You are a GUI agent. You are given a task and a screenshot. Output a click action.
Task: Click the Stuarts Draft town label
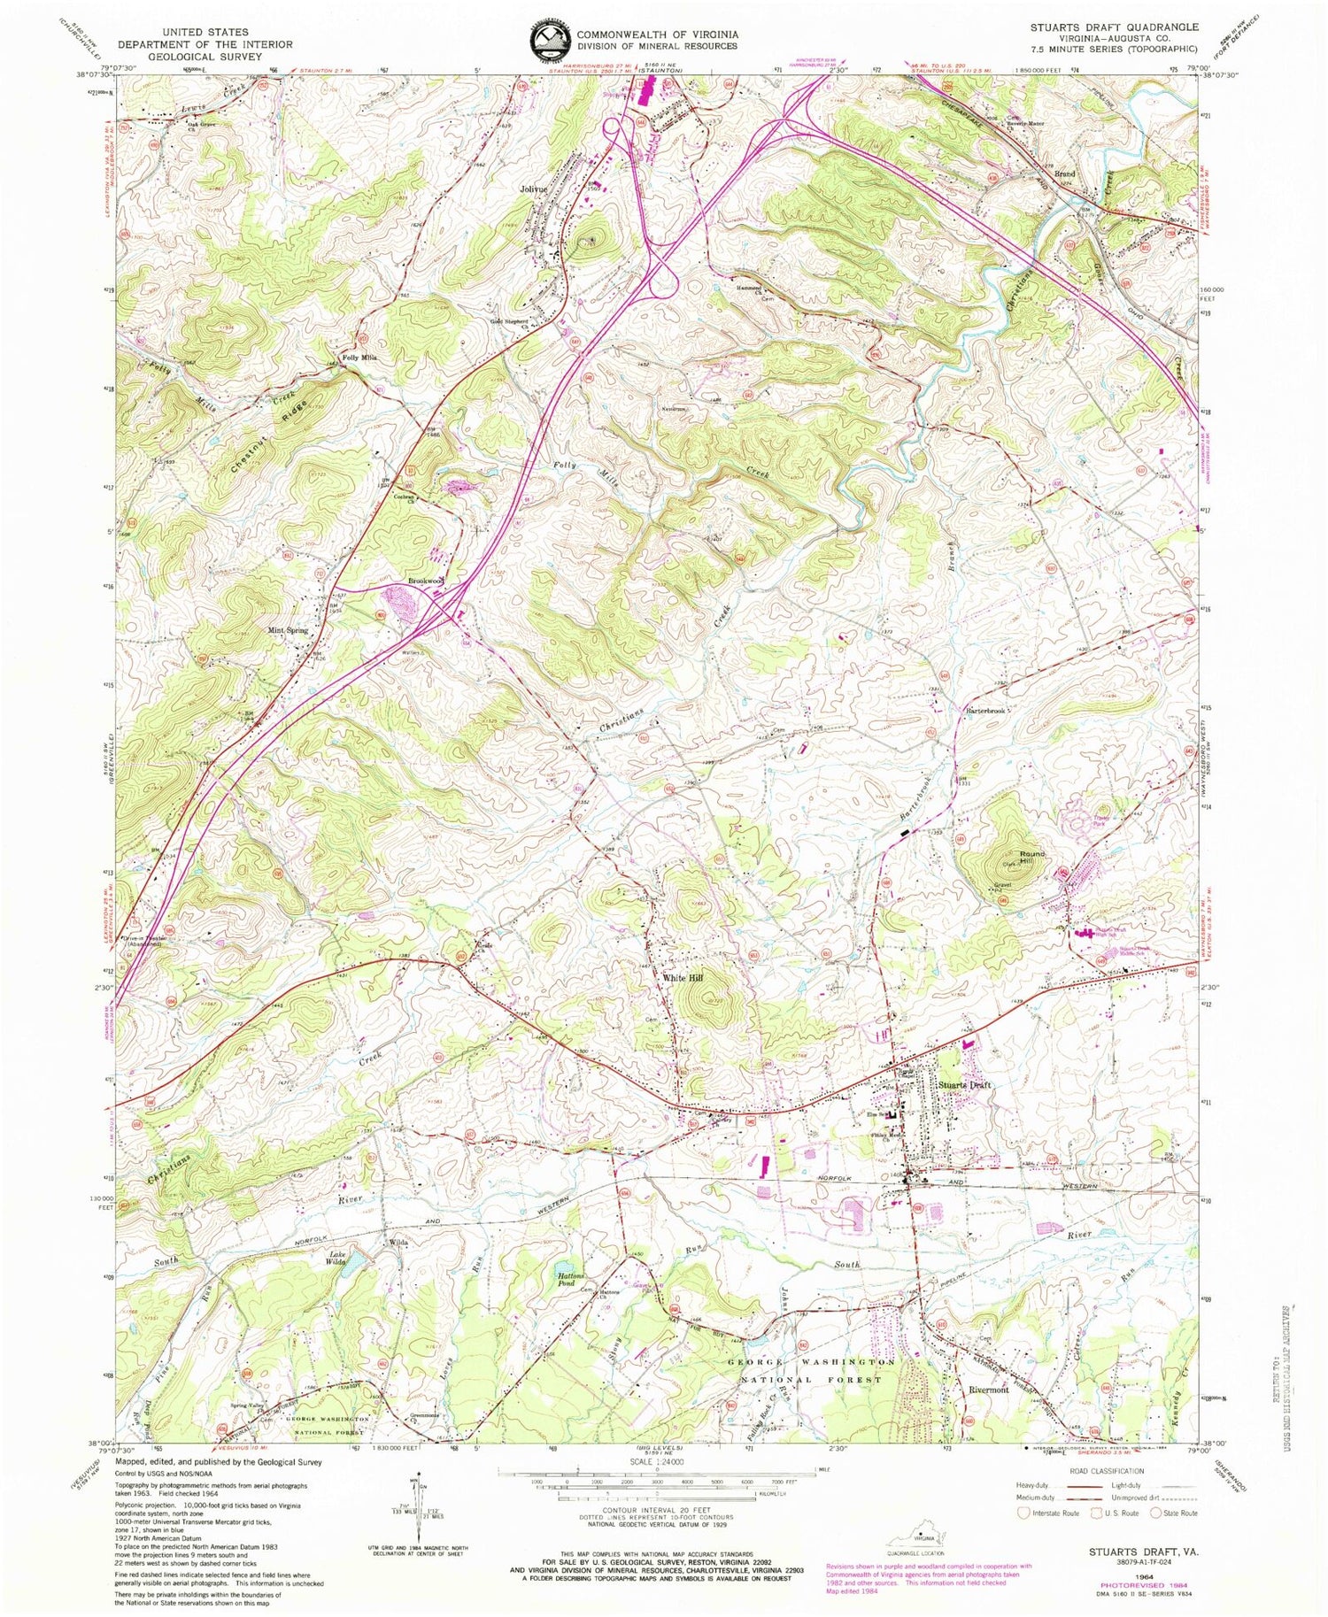point(966,1085)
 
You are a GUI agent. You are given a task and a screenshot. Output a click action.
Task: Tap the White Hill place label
point(683,977)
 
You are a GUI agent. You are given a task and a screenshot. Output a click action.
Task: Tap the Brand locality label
point(1063,174)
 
